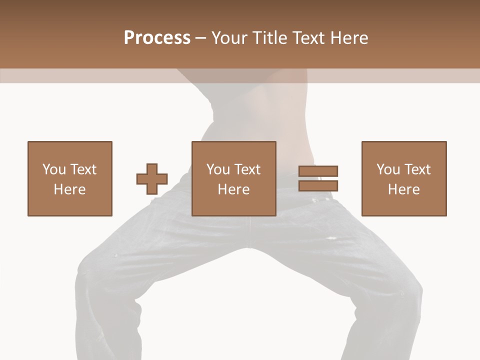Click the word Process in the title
tap(157, 37)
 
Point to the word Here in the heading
tap(350, 37)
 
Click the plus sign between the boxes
tap(152, 179)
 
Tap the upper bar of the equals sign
tap(318, 171)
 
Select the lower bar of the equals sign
tap(318, 185)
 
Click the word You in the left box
tap(54, 169)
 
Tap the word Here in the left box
tap(69, 189)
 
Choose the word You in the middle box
tap(218, 169)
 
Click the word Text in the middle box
tap(247, 169)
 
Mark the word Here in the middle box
tap(233, 189)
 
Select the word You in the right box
tap(388, 169)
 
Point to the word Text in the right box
tap(417, 169)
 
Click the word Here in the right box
tap(403, 189)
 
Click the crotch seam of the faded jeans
tap(245, 245)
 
